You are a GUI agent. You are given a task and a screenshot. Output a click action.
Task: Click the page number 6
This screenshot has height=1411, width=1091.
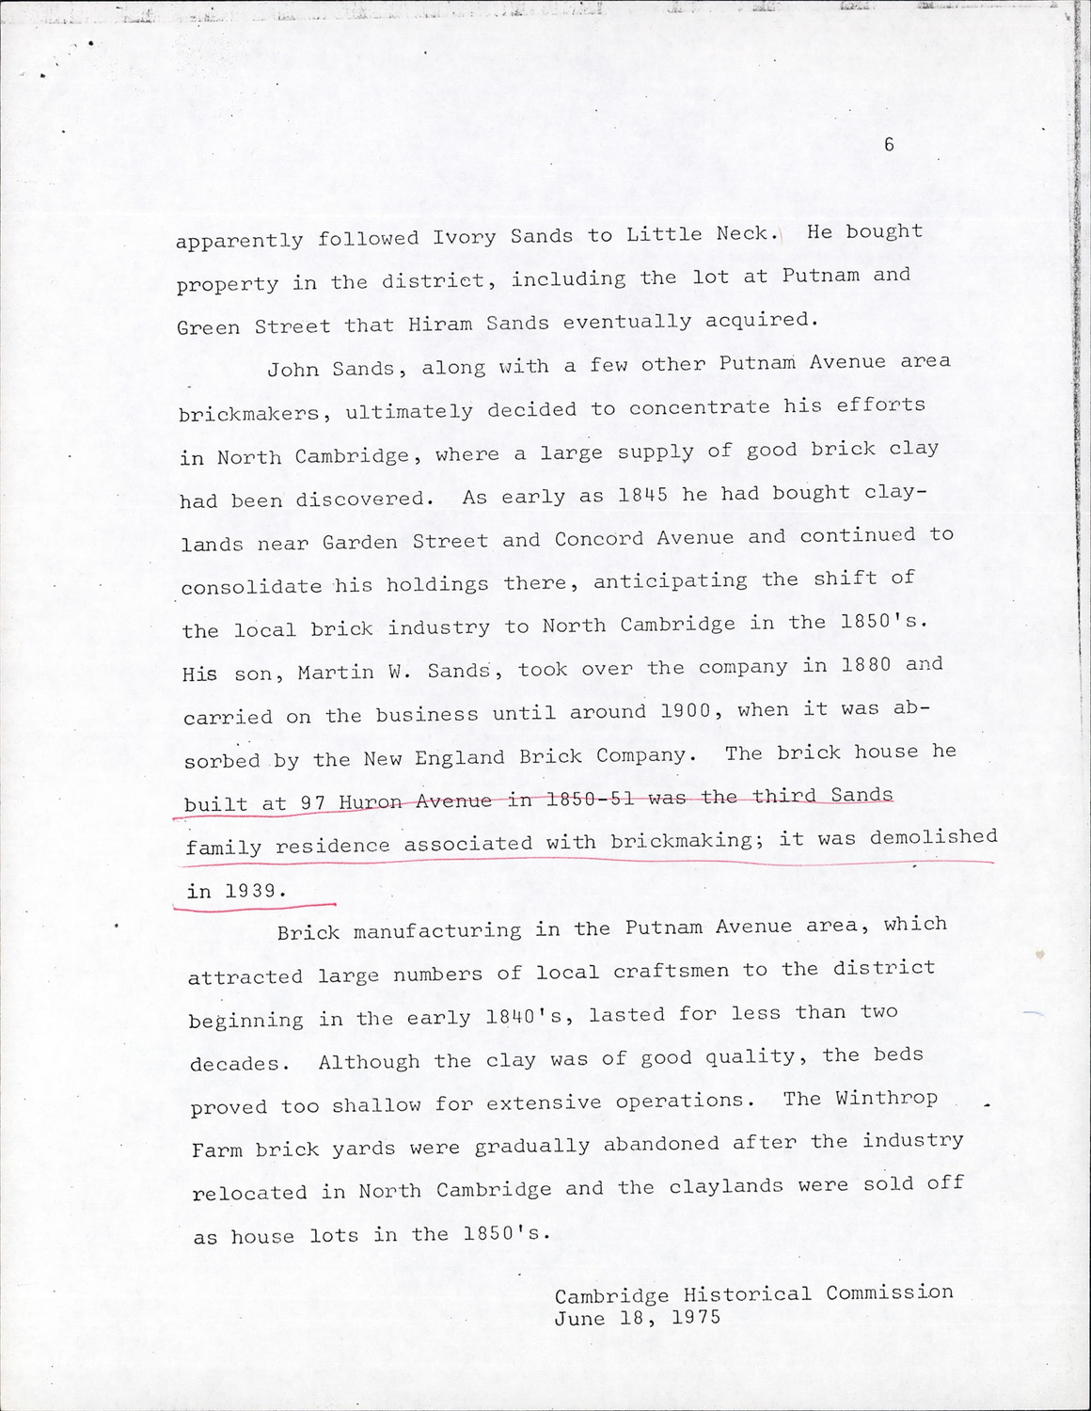click(x=889, y=145)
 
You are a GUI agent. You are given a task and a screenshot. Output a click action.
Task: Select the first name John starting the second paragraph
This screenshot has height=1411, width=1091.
click(x=293, y=369)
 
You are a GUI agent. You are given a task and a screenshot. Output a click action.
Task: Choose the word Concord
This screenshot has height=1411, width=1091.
click(x=593, y=538)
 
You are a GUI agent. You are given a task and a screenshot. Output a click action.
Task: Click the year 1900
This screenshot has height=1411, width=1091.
click(x=686, y=712)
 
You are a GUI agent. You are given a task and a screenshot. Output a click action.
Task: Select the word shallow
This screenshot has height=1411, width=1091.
click(x=376, y=1104)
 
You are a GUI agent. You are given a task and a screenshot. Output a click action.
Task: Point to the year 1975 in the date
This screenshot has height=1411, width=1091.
click(x=697, y=1318)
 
